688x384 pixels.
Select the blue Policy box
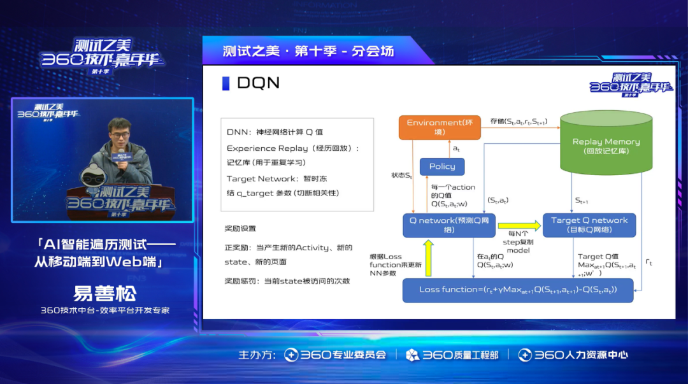tap(442, 167)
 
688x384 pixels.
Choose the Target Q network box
tap(589, 225)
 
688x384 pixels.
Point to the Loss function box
tap(518, 290)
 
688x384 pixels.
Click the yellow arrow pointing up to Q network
tap(428, 259)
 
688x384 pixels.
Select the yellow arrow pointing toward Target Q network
tap(519, 224)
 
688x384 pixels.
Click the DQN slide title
tap(258, 83)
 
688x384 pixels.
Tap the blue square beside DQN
tap(226, 83)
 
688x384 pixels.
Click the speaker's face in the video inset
tap(118, 133)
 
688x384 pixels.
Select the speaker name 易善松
tap(104, 294)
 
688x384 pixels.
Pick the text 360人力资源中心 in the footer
tap(573, 355)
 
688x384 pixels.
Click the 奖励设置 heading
tap(240, 228)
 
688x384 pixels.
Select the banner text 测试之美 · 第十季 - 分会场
tap(308, 51)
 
